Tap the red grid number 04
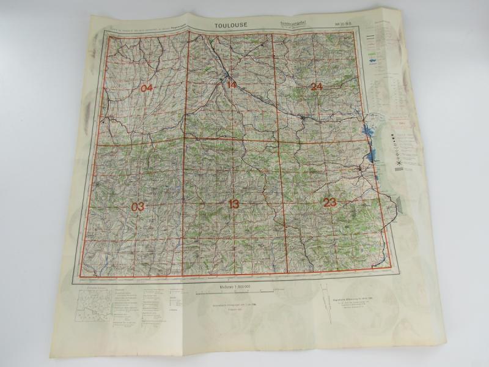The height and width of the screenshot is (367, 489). click(x=146, y=88)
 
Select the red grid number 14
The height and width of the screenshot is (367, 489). click(x=231, y=84)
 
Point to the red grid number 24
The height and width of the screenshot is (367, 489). click(x=316, y=86)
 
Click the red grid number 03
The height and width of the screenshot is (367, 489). click(x=138, y=207)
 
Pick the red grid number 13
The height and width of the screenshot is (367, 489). click(x=233, y=204)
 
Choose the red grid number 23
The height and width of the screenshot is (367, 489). click(x=330, y=202)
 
